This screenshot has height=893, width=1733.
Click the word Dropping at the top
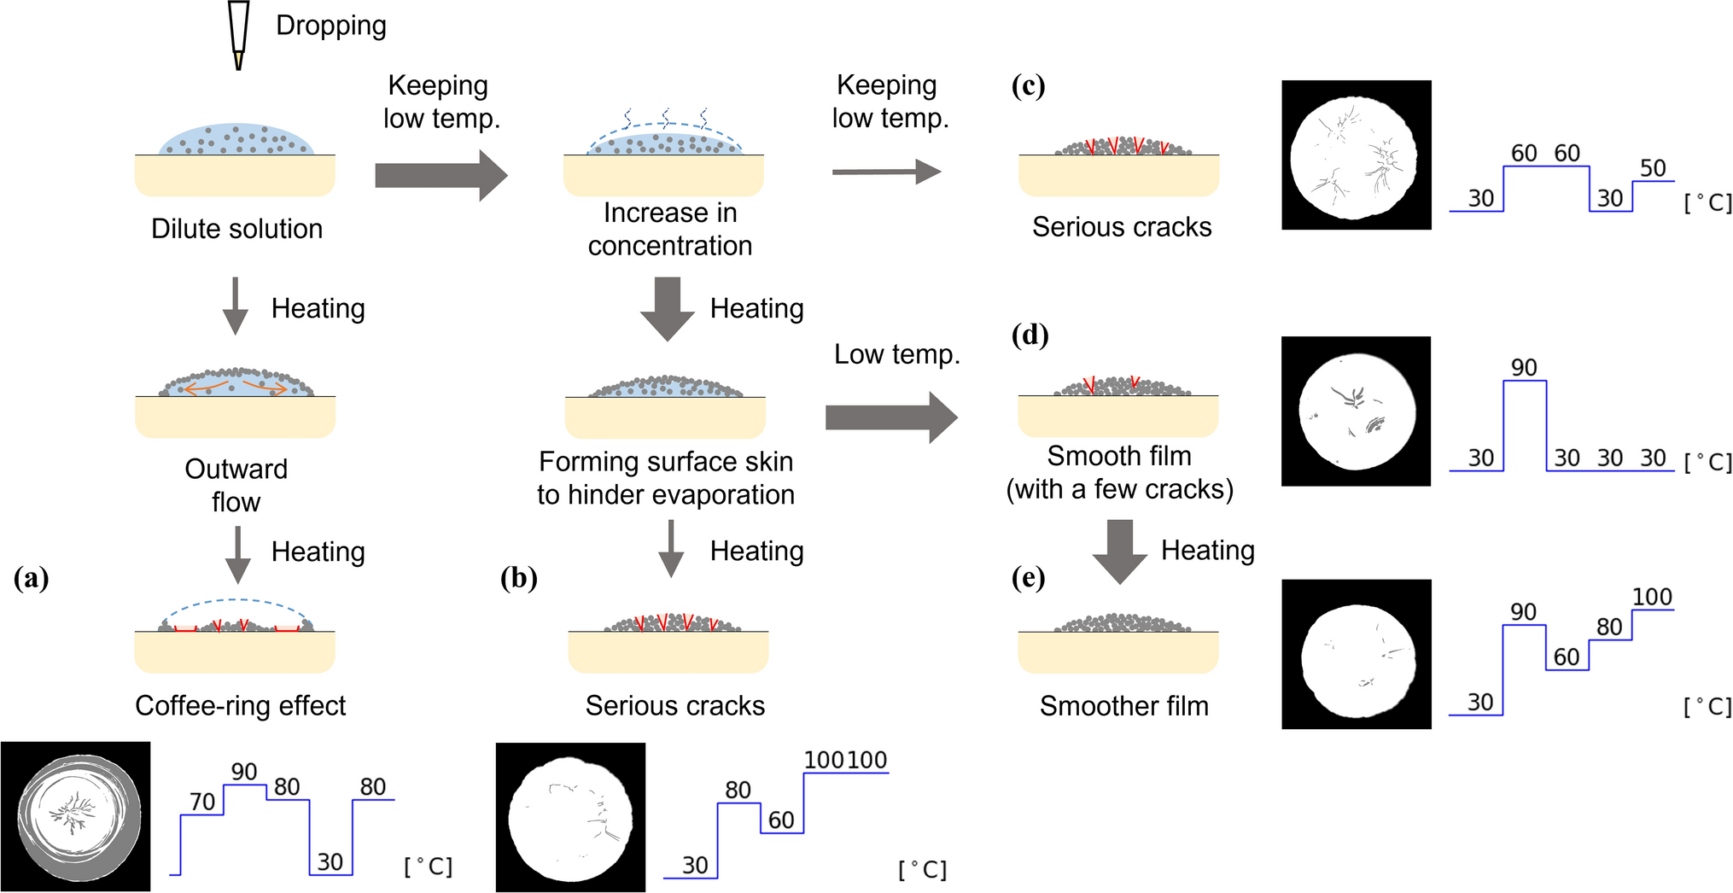tap(330, 26)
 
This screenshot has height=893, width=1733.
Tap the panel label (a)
tap(32, 578)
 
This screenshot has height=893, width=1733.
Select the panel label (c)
tap(1028, 85)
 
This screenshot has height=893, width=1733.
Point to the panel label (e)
tap(1028, 578)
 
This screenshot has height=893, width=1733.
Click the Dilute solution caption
tap(236, 229)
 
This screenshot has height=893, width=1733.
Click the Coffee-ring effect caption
tap(240, 705)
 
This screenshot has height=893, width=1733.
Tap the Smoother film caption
tap(1123, 706)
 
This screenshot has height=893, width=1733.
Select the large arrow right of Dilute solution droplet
tap(441, 176)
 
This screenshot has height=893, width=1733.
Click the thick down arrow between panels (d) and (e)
tap(1119, 552)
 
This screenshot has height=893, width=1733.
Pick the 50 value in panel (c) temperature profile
tap(1653, 168)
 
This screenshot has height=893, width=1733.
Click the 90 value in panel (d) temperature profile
tap(1524, 367)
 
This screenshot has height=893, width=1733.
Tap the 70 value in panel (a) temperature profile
tap(202, 802)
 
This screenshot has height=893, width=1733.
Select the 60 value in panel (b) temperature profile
tap(781, 820)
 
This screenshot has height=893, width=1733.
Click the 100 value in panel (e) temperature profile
tap(1652, 597)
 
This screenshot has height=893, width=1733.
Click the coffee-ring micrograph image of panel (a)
tap(76, 816)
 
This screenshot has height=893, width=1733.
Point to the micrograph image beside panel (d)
tap(1356, 411)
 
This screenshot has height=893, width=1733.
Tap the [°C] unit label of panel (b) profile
tap(922, 869)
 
